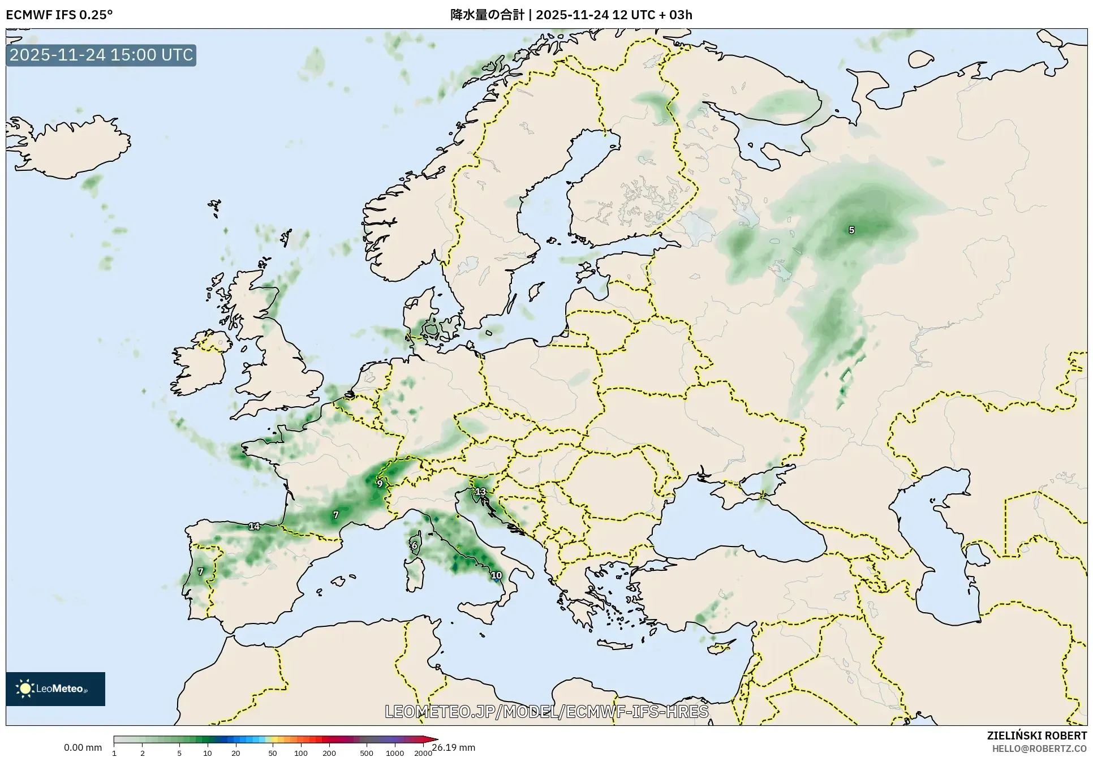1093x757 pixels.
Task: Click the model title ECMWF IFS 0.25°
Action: point(59,15)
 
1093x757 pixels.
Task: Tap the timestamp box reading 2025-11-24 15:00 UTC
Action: point(101,55)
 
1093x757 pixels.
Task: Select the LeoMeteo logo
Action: point(55,689)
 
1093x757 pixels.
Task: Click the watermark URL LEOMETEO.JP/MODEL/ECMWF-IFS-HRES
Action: point(546,711)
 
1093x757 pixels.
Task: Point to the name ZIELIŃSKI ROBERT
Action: point(1036,736)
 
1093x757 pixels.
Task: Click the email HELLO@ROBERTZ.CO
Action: point(1039,749)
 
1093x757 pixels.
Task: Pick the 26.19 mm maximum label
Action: point(454,747)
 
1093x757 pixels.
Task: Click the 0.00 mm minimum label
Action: point(83,747)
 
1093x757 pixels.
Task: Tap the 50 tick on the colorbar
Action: point(273,753)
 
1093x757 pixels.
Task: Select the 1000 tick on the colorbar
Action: point(394,753)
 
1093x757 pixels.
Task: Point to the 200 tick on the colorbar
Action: point(329,753)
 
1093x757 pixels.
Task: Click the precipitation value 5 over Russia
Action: point(851,230)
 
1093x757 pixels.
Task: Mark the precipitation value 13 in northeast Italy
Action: point(480,491)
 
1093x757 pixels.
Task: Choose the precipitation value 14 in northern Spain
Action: point(254,526)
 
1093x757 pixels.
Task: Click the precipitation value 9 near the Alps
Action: point(380,483)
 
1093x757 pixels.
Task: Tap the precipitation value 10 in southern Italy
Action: point(496,575)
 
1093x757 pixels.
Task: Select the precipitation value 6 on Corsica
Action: point(414,545)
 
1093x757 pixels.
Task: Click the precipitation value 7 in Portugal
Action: point(200,571)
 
